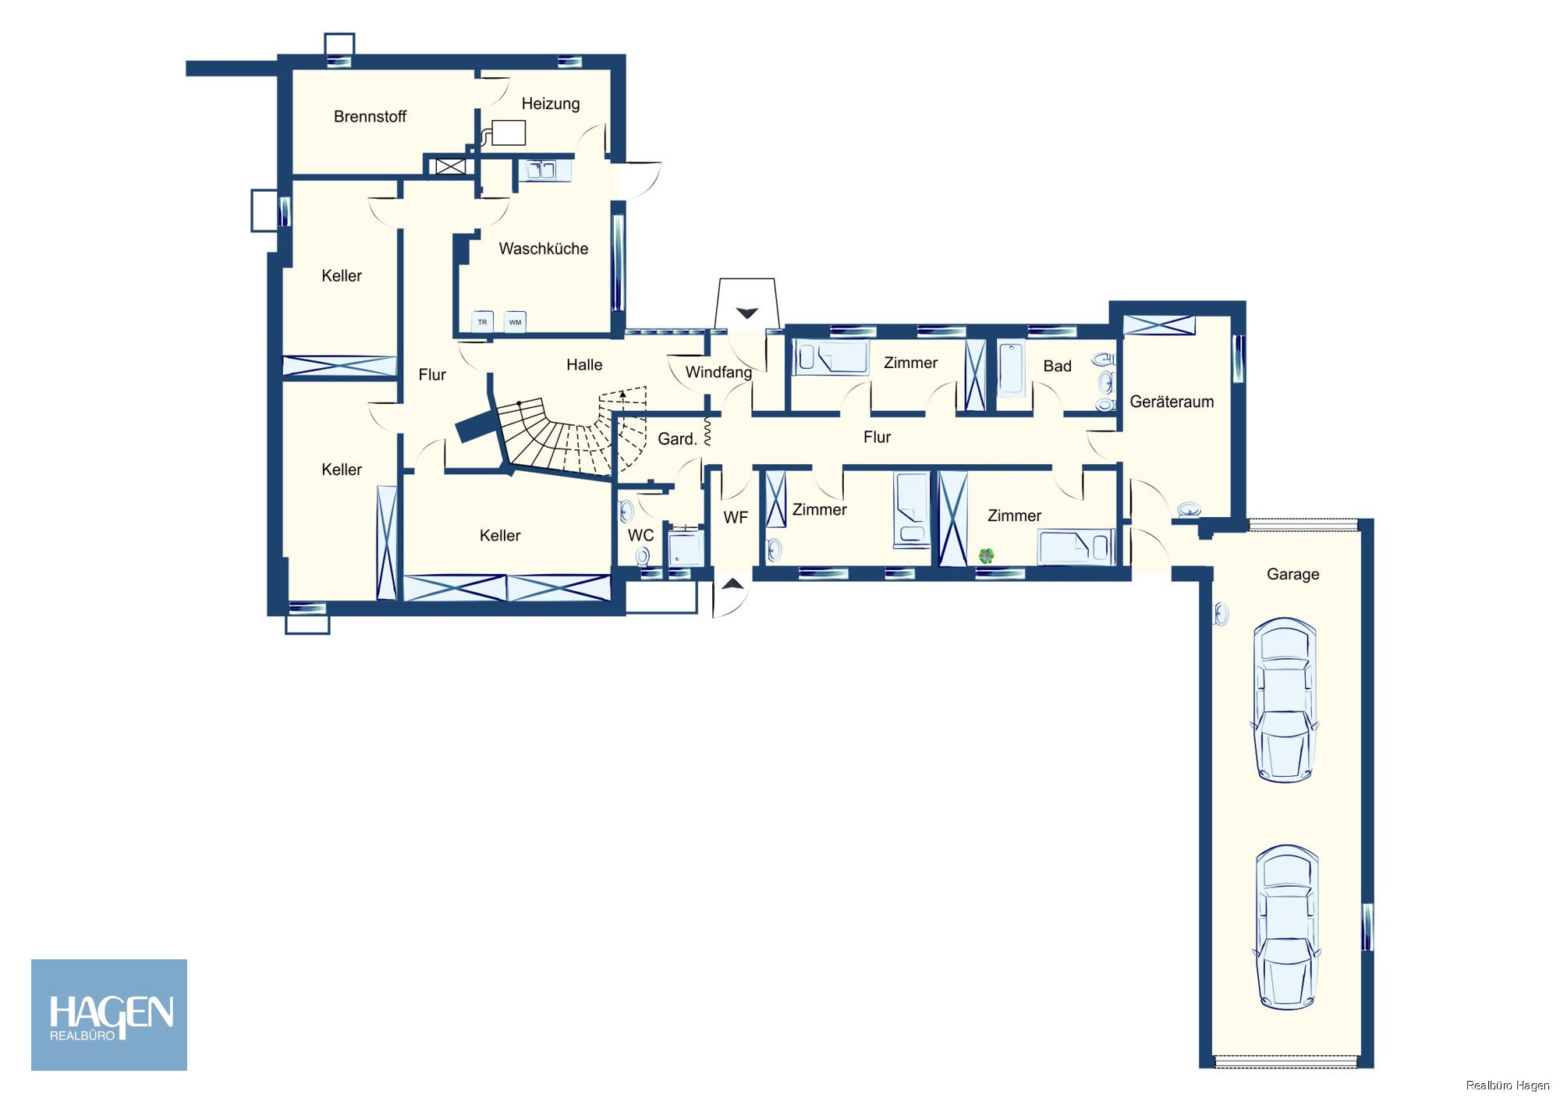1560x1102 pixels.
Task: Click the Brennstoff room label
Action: coord(370,117)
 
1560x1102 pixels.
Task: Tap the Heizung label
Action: coord(550,104)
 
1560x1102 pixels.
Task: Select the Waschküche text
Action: coord(543,249)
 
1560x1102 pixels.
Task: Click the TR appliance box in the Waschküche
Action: coord(482,322)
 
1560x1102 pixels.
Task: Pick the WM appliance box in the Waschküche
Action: coord(515,322)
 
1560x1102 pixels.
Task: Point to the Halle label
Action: coord(583,365)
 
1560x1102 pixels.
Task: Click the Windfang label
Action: coord(718,373)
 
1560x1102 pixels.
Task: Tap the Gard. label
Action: coord(676,439)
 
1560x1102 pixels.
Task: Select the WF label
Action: coord(735,518)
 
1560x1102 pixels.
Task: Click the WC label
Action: coord(640,536)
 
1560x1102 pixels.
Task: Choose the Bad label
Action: coord(1057,367)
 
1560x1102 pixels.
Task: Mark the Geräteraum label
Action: coord(1171,402)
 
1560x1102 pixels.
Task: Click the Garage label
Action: coord(1292,575)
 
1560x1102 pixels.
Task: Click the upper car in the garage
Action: coord(1284,700)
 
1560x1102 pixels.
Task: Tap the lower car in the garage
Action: coord(1286,927)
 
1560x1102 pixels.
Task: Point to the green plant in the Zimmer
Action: coord(986,556)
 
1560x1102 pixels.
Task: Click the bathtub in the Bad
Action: coord(1010,369)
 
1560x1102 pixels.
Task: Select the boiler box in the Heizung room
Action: coord(508,133)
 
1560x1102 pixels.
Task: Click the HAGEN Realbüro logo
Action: coord(109,1015)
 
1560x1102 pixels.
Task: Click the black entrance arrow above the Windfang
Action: coord(746,314)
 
